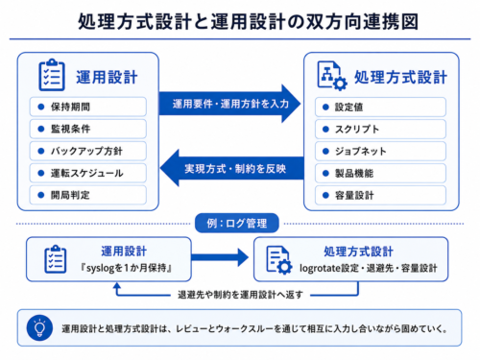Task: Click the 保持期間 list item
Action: [x=88, y=107]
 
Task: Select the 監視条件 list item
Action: [x=88, y=129]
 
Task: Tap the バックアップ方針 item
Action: [x=88, y=151]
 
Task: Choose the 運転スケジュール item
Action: [x=88, y=173]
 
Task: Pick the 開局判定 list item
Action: [x=88, y=195]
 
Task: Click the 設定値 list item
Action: [x=380, y=107]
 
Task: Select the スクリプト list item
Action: [x=380, y=129]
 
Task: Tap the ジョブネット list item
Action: [x=380, y=151]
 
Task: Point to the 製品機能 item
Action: [x=380, y=173]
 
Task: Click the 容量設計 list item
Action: [x=380, y=195]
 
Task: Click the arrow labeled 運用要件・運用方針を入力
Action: [x=229, y=104]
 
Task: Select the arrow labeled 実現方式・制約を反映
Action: [x=232, y=168]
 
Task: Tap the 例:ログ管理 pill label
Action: [x=237, y=223]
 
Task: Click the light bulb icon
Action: [x=39, y=328]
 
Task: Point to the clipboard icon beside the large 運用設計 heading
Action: [x=52, y=75]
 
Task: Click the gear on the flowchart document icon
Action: [x=340, y=83]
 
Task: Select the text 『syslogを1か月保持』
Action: [x=126, y=268]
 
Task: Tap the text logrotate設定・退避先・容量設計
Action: [x=369, y=268]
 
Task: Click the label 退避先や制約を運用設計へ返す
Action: [x=240, y=295]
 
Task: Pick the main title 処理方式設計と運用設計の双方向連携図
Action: [x=249, y=22]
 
